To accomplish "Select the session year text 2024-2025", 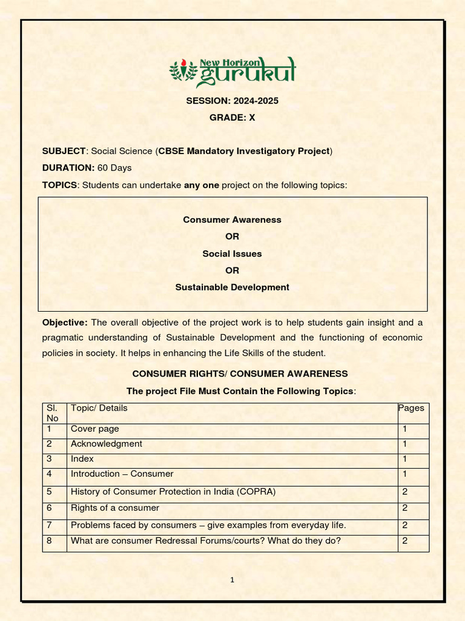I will pos(254,101).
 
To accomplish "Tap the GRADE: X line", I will pos(232,118).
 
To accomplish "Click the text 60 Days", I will pos(114,167).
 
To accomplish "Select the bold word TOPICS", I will pos(59,184).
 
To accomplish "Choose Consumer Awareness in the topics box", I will pos(232,220).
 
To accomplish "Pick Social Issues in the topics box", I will pos(232,253).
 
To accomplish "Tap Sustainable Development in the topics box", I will pos(232,287).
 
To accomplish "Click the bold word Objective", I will pos(65,322).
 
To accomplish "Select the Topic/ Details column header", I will pos(99,408).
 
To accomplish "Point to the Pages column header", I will pos(411,408).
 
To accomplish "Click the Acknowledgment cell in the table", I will pos(107,444).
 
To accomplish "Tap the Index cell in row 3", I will pos(82,459).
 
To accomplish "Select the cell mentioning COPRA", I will pos(173,492).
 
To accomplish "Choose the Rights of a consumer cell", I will pos(115,508).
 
